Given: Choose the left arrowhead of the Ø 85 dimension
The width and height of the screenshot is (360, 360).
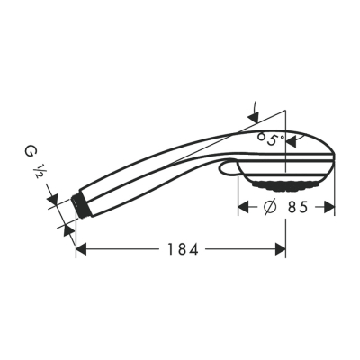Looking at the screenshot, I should (242, 208).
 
